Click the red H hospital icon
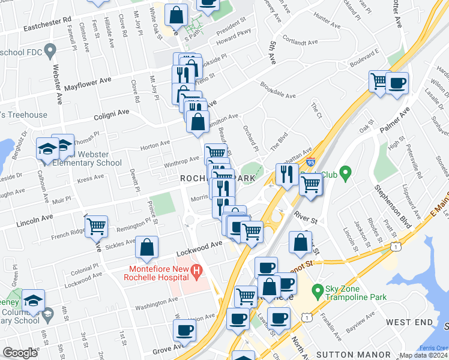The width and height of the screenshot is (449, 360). (x=196, y=272)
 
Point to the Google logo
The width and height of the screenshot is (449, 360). (x=20, y=353)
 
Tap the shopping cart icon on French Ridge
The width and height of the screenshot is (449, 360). (x=96, y=227)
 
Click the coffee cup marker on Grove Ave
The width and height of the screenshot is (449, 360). (x=184, y=329)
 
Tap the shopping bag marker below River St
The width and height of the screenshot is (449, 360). (x=300, y=242)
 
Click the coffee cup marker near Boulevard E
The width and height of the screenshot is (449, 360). (x=396, y=82)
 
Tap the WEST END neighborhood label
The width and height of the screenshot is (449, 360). (x=409, y=323)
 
